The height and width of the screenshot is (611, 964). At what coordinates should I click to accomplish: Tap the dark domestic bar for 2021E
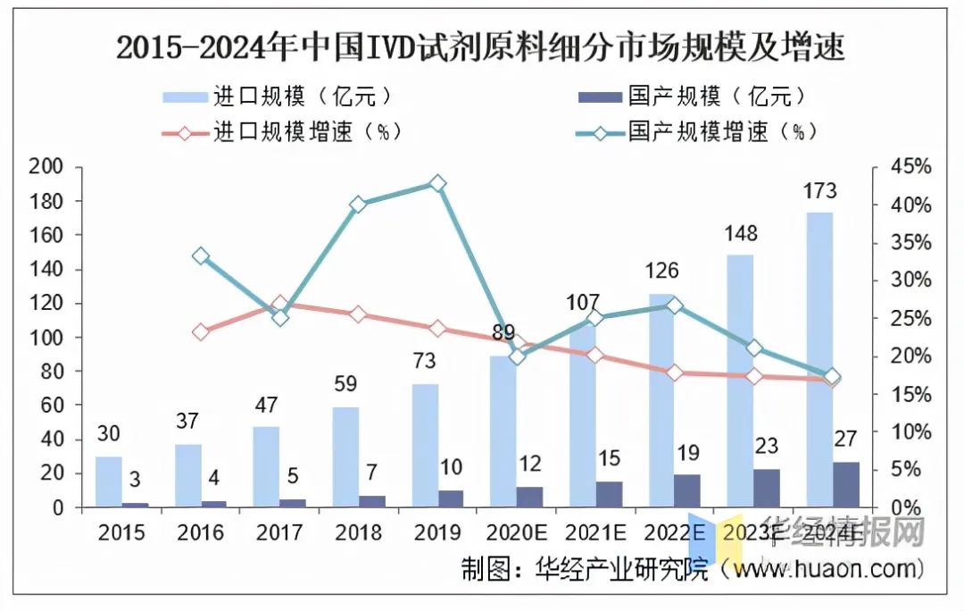(x=610, y=494)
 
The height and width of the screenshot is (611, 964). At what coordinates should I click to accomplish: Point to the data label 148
(x=740, y=234)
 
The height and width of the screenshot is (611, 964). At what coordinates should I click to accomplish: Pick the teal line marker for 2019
(x=437, y=184)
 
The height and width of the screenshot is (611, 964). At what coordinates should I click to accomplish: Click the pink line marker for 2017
(x=279, y=305)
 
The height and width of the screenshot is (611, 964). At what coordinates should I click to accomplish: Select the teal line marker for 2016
(x=201, y=256)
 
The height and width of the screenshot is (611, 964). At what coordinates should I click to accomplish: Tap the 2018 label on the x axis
(x=358, y=533)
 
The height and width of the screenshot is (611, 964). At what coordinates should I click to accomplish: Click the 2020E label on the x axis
(x=516, y=533)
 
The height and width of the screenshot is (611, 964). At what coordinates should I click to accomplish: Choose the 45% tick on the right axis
(x=910, y=167)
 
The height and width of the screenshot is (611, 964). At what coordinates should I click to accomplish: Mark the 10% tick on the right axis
(x=910, y=432)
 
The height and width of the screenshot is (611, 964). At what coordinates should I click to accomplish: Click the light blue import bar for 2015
(x=109, y=481)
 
